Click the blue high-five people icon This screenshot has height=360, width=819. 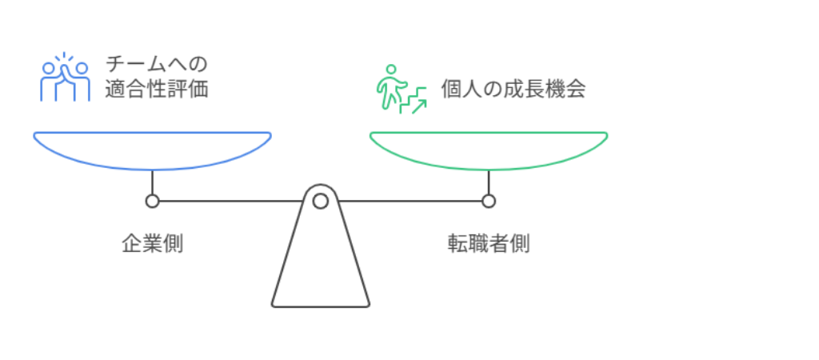click(x=66, y=78)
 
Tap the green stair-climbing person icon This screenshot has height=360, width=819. click(x=402, y=89)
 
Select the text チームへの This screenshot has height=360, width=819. click(x=157, y=64)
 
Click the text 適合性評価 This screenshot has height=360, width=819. click(x=157, y=90)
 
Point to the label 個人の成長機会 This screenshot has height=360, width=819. click(x=513, y=90)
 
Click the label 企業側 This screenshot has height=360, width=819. click(x=153, y=244)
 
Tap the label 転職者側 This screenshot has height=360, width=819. click(x=489, y=244)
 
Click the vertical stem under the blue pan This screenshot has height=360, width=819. click(x=152, y=182)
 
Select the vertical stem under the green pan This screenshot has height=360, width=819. click(x=489, y=182)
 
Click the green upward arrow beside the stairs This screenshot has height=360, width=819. click(x=419, y=106)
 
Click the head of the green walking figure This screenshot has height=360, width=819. click(x=390, y=69)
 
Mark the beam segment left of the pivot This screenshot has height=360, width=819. click(x=231, y=201)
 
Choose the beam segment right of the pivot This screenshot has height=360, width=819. click(x=410, y=201)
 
